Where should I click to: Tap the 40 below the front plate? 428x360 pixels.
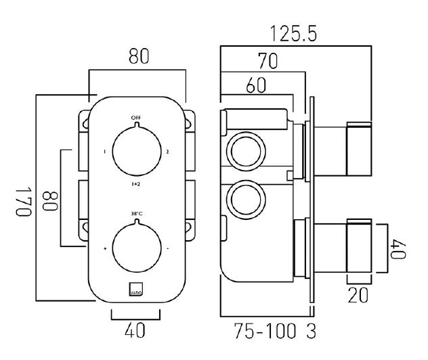tap(135, 332)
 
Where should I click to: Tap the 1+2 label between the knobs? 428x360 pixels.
tap(136, 183)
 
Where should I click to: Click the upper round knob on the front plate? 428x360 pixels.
tap(136, 151)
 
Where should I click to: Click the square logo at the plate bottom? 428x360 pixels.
tap(136, 288)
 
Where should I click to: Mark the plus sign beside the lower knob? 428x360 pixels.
tap(105, 249)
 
